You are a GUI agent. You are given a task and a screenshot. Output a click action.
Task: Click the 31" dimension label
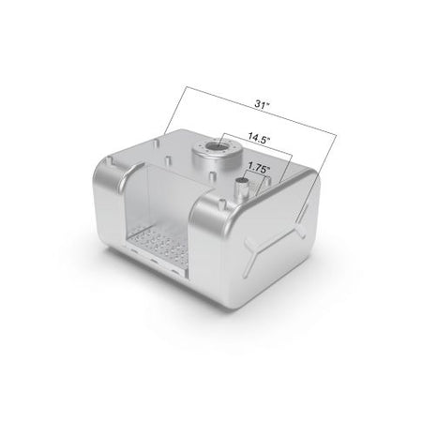pos(262,104)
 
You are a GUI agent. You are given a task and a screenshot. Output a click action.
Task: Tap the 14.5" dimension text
pos(259,138)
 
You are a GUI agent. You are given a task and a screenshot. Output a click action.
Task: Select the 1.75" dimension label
pos(259,168)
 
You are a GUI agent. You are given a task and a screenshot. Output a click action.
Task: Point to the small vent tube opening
pos(242,181)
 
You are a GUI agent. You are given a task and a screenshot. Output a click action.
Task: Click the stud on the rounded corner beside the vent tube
pos(222,203)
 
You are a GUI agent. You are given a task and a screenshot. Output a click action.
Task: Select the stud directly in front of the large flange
pos(212,177)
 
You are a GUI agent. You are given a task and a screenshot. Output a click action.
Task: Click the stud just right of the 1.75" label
pos(267,181)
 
